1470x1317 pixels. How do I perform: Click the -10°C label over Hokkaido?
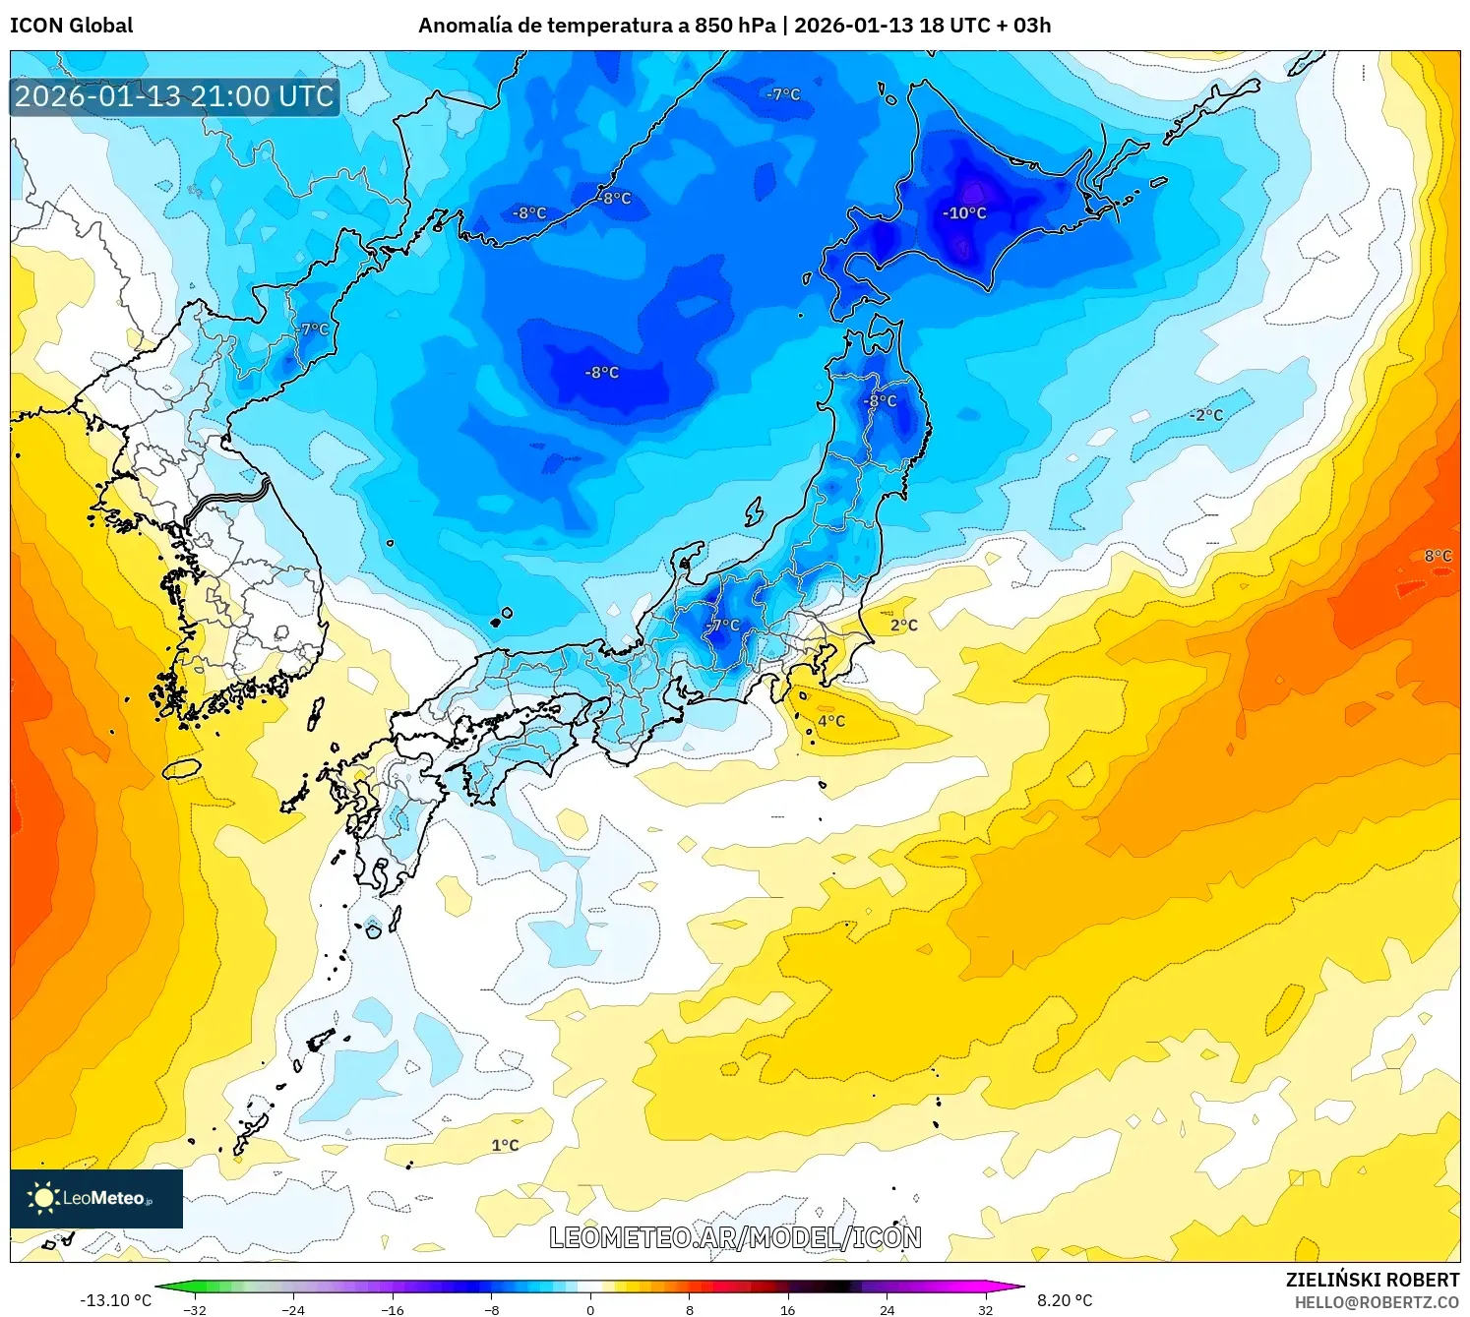tap(964, 213)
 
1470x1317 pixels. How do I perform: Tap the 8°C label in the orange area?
tap(1438, 556)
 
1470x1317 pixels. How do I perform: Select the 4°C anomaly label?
tap(831, 721)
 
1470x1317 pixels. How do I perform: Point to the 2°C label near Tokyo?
tap(903, 626)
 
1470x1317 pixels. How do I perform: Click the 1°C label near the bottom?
tap(505, 1145)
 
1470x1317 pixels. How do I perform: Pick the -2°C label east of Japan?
tap(1206, 415)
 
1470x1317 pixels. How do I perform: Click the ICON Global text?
tap(71, 26)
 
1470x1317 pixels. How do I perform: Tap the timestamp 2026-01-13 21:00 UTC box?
tap(175, 96)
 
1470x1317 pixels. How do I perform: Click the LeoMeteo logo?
tap(95, 1198)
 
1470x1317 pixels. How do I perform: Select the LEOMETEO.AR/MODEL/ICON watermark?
tap(735, 1237)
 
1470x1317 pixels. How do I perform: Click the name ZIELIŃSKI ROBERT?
tap(1372, 1280)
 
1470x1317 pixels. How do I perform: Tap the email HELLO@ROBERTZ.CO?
tap(1376, 1302)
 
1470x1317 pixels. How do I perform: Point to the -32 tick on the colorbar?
tap(195, 1310)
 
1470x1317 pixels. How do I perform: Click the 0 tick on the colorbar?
tap(590, 1310)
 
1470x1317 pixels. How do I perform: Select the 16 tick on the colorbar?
tap(787, 1310)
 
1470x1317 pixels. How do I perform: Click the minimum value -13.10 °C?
tap(115, 1300)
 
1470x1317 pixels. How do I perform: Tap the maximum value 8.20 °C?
tap(1065, 1300)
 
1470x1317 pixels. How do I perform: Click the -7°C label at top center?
tap(783, 95)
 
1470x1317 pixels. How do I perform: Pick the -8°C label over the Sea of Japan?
tap(601, 373)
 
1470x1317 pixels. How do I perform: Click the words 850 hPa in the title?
tap(735, 26)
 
